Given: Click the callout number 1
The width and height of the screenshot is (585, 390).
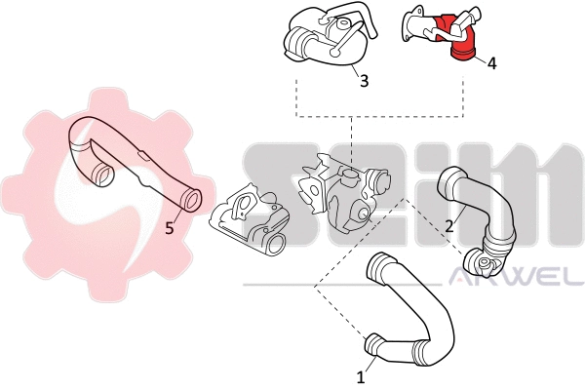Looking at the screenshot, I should click(x=361, y=374).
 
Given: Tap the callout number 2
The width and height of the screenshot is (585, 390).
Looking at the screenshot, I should click(x=448, y=226).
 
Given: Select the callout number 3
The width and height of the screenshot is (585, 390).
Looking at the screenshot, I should click(x=364, y=81).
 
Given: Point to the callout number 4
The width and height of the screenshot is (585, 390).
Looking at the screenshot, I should click(x=491, y=62).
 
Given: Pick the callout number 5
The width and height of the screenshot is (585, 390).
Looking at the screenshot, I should click(x=170, y=228).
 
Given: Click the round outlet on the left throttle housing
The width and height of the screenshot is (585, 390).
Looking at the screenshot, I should click(x=276, y=242).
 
